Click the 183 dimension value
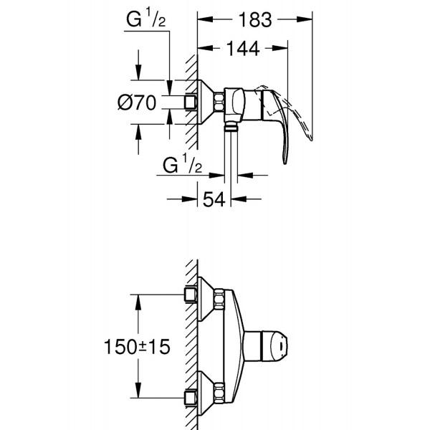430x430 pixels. [255, 20]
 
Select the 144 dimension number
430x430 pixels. [243, 49]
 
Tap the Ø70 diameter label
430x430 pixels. [137, 102]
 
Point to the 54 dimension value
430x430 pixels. [214, 199]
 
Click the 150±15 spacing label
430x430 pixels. [137, 347]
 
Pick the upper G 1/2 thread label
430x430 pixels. [146, 17]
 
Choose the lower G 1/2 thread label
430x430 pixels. [182, 163]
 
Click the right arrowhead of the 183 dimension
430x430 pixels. [305, 19]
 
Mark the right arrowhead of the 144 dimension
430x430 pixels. [280, 48]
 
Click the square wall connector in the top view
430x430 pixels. [191, 102]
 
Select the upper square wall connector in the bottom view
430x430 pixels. [191, 295]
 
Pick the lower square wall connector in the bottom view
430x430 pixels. [191, 398]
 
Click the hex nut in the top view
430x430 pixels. [219, 102]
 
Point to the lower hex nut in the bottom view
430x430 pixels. [219, 391]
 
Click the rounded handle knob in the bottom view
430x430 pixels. [275, 346]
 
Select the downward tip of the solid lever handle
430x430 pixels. [285, 163]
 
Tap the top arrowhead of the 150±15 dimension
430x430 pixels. [138, 302]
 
